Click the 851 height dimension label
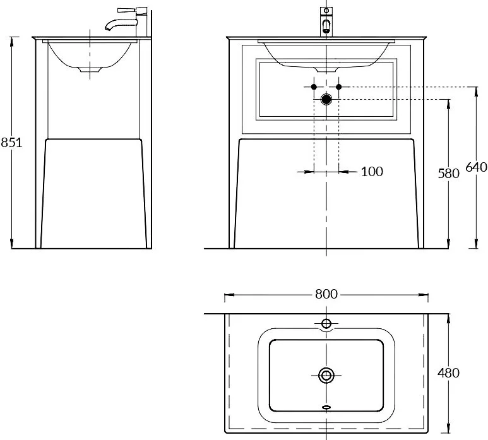point(11,143)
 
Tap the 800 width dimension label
point(326,294)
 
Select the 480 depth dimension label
point(448,373)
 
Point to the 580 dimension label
point(448,174)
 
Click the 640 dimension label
point(476,167)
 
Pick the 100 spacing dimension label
point(372,172)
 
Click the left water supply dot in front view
point(314,87)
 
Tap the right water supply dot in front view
point(339,87)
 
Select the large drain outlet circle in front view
point(326,99)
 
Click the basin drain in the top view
point(326,375)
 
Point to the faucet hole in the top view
point(326,324)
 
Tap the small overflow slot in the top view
point(326,407)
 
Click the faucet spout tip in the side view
point(108,29)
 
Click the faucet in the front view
point(326,21)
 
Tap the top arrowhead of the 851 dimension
point(12,40)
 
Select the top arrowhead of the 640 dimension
point(476,90)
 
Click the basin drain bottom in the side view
point(90,70)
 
